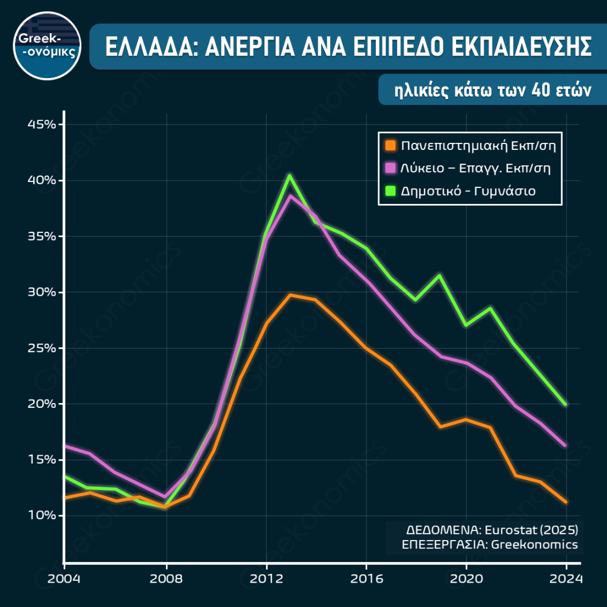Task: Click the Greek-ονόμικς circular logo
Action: point(47,46)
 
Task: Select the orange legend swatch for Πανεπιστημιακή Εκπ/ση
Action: point(389,145)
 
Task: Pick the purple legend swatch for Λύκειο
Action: point(389,168)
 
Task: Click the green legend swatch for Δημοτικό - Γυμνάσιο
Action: point(389,191)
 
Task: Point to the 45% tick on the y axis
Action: point(41,124)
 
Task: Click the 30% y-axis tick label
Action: point(41,292)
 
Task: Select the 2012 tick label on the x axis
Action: point(266,579)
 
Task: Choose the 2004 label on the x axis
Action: point(64,579)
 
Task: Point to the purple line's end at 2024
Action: point(566,445)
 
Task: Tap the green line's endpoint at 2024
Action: point(566,405)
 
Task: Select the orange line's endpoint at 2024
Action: point(566,502)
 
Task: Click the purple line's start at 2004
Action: point(65,446)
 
